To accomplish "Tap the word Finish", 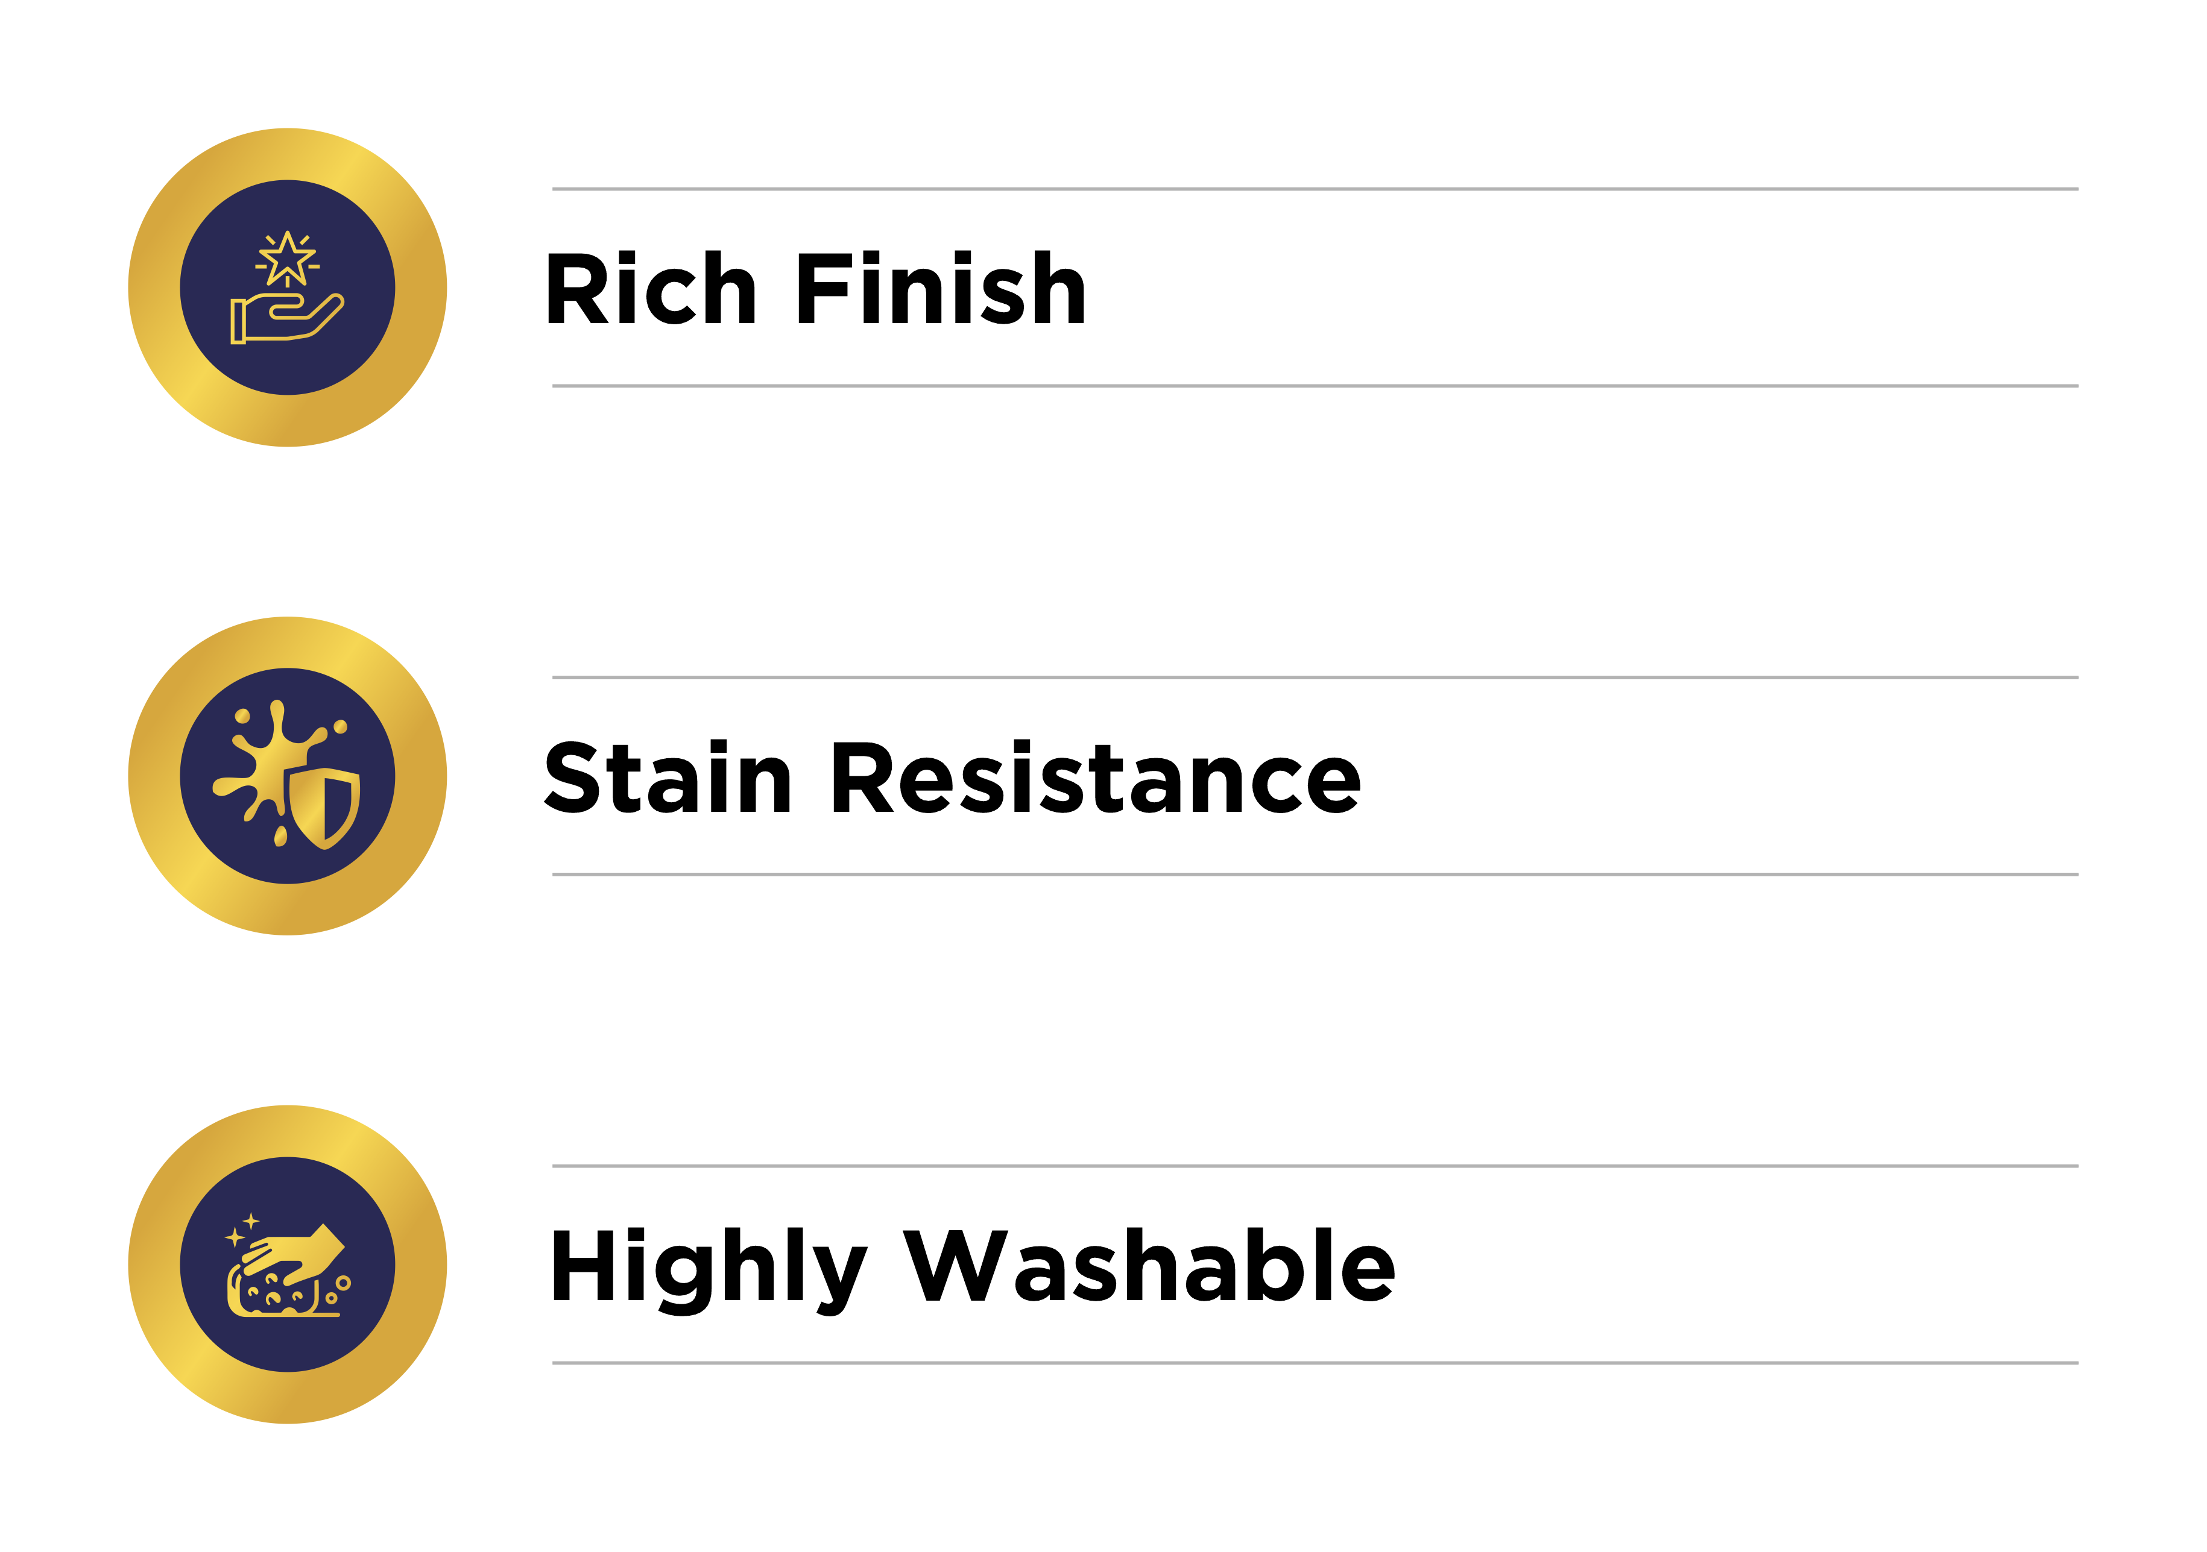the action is (x=941, y=287).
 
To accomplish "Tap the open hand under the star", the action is (x=286, y=318).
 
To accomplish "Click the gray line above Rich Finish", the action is (x=1315, y=189).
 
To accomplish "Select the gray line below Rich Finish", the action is (x=1315, y=386).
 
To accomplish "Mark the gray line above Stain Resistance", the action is (x=1315, y=677).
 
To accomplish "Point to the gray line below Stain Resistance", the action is (x=1315, y=875).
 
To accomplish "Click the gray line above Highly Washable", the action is (x=1315, y=1166).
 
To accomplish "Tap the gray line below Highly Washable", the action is (x=1315, y=1363).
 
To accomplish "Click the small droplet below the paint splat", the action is (x=280, y=836).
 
